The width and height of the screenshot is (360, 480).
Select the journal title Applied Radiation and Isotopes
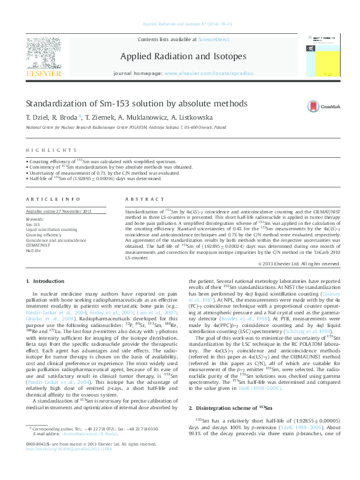(187, 57)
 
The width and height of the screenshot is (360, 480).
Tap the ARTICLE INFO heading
(53, 199)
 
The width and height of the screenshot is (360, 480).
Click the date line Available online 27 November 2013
(58, 211)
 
